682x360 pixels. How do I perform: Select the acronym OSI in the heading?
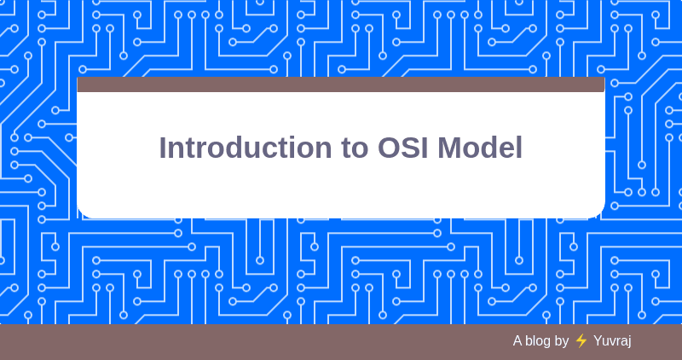coord(404,148)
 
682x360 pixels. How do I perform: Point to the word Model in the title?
coord(480,148)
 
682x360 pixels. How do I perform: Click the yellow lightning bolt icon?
coord(581,340)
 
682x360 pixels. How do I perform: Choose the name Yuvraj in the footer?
coord(612,340)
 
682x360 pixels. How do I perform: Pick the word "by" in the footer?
coord(562,340)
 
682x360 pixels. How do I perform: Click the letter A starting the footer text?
coord(517,340)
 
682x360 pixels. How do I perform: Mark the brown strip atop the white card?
coord(341,84)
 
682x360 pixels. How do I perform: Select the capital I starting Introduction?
coord(163,148)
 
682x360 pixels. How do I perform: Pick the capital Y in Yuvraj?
coord(598,340)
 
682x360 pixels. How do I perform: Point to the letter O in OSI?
coord(390,148)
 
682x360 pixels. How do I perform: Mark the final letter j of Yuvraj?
coord(629,341)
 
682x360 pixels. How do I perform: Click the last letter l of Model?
coord(518,148)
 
